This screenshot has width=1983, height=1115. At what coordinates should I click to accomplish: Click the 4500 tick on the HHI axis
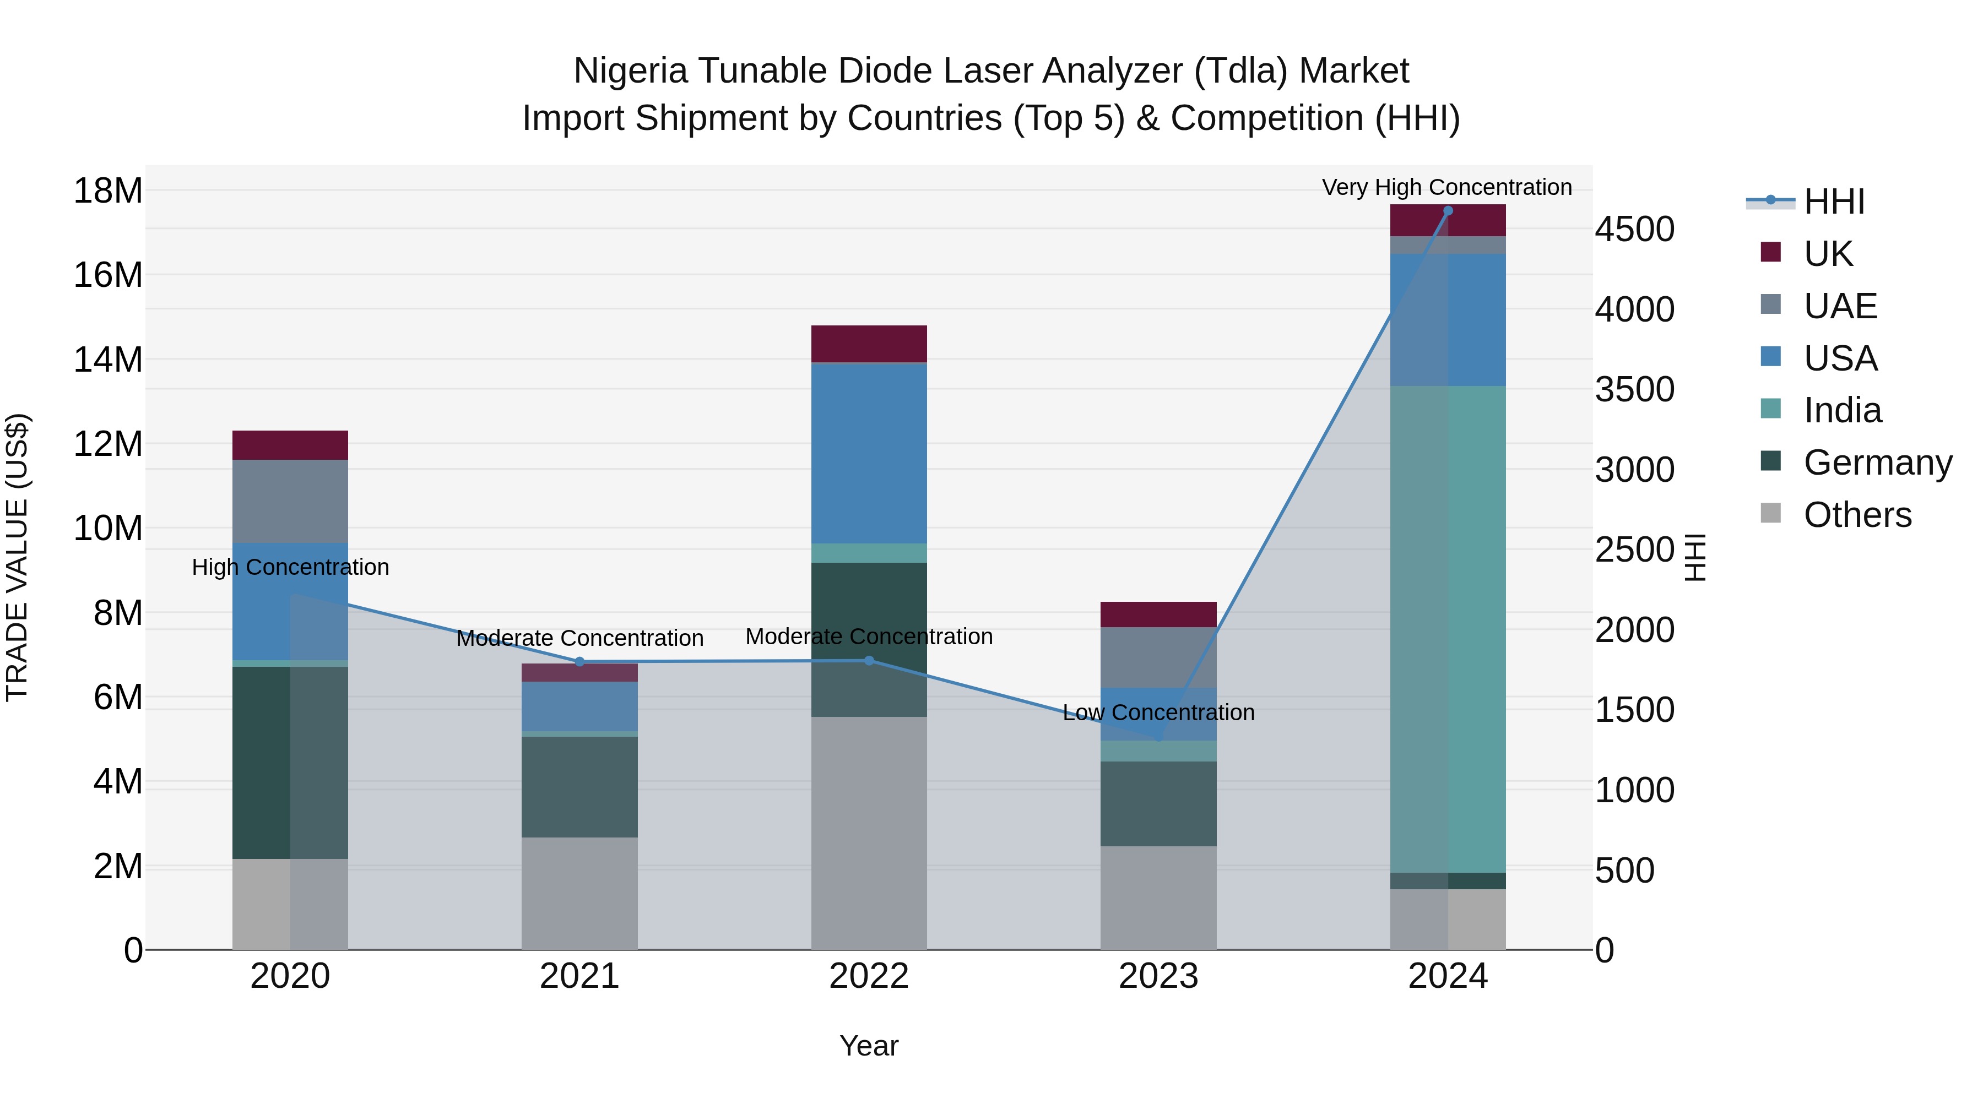[1634, 229]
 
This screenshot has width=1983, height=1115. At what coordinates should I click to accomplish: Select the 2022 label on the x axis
[869, 976]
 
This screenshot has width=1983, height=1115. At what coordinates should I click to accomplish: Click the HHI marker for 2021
[579, 662]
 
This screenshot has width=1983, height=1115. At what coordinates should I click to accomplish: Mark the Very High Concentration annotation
[1446, 187]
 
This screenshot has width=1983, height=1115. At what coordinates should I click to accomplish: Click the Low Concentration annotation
[1158, 712]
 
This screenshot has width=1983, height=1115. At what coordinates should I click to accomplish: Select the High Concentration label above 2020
[290, 567]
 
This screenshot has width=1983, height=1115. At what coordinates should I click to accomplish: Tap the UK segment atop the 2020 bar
[290, 445]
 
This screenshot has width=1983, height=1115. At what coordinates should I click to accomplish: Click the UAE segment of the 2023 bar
[1158, 656]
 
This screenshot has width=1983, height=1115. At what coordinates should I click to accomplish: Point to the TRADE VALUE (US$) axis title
[17, 557]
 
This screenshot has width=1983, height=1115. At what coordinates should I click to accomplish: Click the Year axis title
[869, 1046]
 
